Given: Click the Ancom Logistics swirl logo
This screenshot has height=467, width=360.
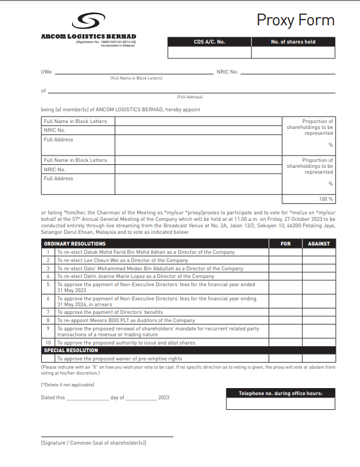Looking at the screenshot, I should [x=88, y=22].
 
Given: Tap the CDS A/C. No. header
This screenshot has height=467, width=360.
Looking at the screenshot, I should [x=209, y=42].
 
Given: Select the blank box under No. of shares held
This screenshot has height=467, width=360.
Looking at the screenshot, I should [x=293, y=52].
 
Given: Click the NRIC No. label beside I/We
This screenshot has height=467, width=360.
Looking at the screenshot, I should [x=227, y=72].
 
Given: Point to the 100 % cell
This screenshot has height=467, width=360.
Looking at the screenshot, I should [x=309, y=199].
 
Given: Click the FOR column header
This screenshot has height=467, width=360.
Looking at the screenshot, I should [x=286, y=243].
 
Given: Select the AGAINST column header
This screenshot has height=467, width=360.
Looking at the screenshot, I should [x=319, y=243].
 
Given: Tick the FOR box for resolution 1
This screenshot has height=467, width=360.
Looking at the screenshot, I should [x=286, y=252].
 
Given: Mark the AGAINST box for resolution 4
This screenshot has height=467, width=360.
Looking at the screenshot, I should [x=319, y=276].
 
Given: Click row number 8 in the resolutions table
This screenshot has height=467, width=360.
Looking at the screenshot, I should [x=48, y=320].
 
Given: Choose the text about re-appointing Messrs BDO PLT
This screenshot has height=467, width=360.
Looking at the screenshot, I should [x=125, y=320].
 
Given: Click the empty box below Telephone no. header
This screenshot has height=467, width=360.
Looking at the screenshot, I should [x=280, y=403].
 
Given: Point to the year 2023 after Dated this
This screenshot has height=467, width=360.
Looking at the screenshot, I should [x=164, y=398].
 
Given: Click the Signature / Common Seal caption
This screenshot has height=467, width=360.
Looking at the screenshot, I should [x=94, y=442].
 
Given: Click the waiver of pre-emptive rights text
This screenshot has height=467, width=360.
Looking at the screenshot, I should [x=120, y=359].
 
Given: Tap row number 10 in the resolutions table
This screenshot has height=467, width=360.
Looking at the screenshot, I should [x=48, y=343].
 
